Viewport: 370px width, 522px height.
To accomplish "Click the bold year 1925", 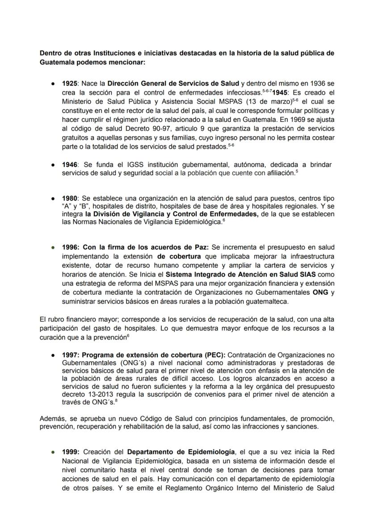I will click(70, 84).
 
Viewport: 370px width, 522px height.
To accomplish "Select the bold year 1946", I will click(70, 164).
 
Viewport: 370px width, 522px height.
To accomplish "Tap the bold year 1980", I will click(70, 198).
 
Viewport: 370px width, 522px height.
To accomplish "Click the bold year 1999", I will click(71, 451).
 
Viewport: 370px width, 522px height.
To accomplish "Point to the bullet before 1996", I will click(53, 247).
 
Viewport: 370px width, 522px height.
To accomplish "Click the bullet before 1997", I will click(53, 355).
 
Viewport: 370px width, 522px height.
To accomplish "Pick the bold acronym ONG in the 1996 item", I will click(321, 292).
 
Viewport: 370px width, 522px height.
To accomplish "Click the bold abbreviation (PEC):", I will click(216, 355).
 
